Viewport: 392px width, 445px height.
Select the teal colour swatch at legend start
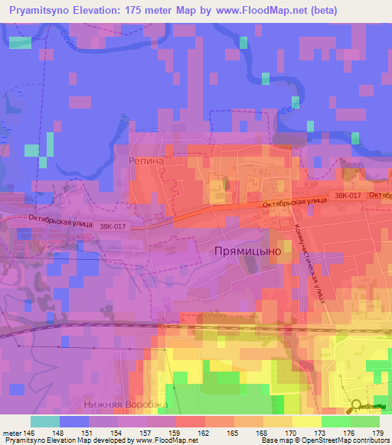(x=46, y=421)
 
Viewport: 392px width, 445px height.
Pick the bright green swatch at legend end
(x=364, y=421)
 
